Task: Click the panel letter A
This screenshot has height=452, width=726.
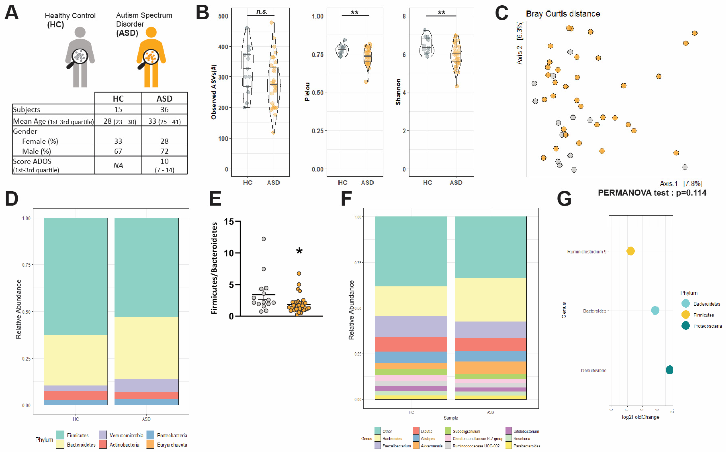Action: click(12, 13)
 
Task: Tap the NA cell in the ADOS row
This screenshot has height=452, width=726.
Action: click(118, 165)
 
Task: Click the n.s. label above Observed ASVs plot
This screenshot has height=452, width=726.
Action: click(262, 12)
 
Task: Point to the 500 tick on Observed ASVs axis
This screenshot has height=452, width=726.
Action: click(223, 16)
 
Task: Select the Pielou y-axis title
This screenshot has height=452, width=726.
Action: click(307, 92)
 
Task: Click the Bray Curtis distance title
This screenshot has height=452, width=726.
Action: click(563, 14)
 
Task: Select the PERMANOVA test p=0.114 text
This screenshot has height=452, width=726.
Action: click(652, 193)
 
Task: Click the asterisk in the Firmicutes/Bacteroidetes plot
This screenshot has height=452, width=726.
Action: click(299, 251)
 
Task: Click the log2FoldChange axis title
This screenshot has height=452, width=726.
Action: click(640, 417)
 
